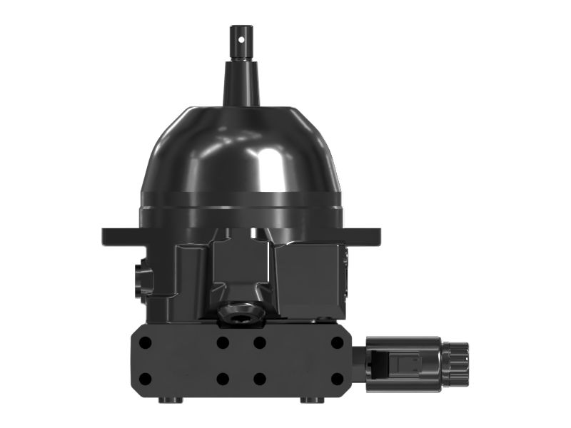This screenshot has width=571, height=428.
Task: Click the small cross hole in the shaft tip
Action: coord(241,32)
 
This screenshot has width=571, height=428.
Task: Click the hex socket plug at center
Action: coord(241,312)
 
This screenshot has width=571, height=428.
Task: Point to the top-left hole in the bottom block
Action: coord(145,342)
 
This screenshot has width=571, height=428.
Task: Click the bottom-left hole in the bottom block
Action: coord(145,379)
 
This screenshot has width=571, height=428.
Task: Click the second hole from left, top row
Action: coord(223,342)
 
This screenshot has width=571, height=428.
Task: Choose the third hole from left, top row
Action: coord(260,342)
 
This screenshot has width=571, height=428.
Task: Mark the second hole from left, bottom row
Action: coord(223,379)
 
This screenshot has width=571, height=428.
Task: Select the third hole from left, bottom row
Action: coord(260,379)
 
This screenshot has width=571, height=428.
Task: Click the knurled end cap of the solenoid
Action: coord(455,364)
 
